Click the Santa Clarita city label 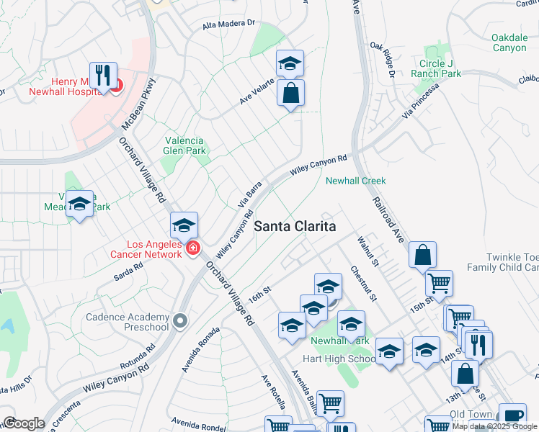click(295, 226)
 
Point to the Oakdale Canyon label click(509, 42)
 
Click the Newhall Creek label click(355, 181)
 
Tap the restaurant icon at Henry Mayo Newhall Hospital click(103, 76)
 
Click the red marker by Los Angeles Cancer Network click(192, 248)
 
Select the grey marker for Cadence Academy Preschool click(179, 319)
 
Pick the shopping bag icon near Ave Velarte click(290, 93)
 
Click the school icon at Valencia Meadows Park click(80, 204)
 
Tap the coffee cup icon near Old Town click(512, 416)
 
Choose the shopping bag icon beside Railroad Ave click(422, 255)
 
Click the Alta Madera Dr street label click(229, 24)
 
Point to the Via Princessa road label click(422, 103)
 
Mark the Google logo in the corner click(23, 423)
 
